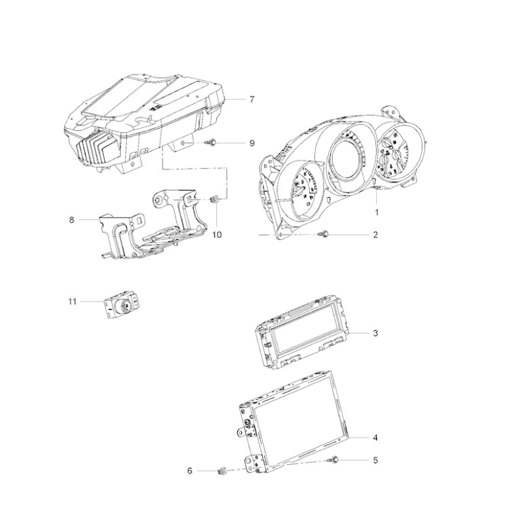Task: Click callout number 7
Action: click(252, 100)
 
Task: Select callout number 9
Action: click(252, 143)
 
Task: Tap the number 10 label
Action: click(217, 235)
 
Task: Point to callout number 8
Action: click(72, 220)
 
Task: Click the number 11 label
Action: click(72, 302)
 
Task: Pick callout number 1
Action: click(377, 212)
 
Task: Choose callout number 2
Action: click(375, 235)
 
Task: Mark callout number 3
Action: click(375, 333)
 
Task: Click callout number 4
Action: click(375, 438)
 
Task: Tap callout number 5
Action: click(375, 460)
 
